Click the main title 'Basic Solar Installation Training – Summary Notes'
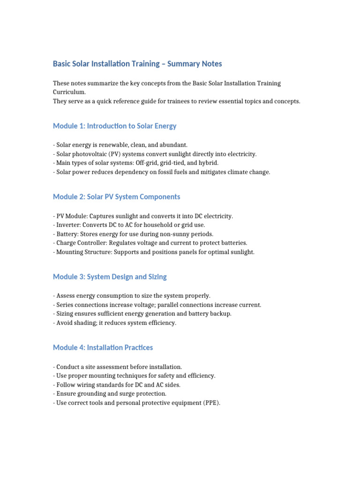pos(137,64)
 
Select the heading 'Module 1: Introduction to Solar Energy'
pos(115,126)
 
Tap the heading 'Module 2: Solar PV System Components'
pos(117,197)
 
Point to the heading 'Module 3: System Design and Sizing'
pos(110,277)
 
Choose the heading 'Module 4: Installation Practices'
pos(103,348)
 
